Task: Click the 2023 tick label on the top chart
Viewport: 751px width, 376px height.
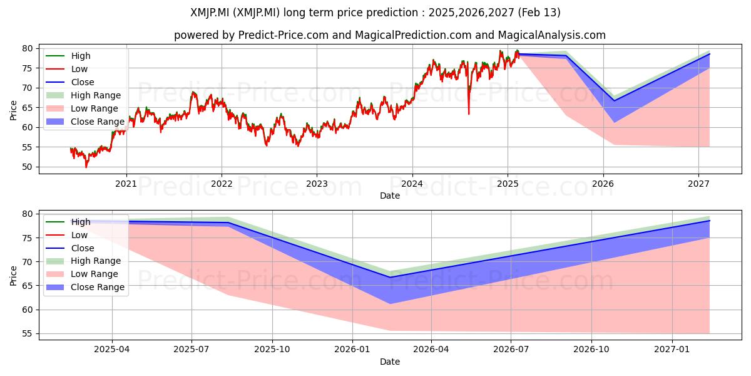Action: coord(317,184)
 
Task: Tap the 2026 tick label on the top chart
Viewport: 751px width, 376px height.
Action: coord(603,184)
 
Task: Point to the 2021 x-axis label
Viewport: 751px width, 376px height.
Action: coord(126,184)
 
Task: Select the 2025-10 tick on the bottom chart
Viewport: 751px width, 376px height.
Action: coord(272,350)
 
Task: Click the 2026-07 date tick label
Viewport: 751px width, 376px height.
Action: coord(511,350)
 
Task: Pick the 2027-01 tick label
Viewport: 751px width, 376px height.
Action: coord(672,350)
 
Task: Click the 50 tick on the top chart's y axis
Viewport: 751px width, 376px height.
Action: coord(28,167)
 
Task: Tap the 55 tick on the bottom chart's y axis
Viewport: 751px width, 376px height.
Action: coord(28,333)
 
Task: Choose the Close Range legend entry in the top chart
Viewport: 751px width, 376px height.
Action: coord(85,122)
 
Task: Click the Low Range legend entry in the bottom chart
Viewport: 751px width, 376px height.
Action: coord(82,274)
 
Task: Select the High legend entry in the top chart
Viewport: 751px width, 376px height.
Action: coord(68,56)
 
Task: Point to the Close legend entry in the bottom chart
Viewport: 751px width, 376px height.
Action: coord(69,248)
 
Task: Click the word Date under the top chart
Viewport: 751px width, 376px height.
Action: coord(389,196)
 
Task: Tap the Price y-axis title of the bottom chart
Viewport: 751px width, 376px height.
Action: coord(13,276)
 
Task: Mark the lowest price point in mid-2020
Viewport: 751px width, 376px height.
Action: coord(86,167)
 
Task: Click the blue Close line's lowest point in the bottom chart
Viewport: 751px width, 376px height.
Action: coord(390,277)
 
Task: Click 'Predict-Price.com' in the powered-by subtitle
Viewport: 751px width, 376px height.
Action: coord(284,35)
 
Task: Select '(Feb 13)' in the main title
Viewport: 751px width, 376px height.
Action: coord(539,13)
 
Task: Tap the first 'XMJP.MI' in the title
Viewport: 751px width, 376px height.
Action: coord(210,13)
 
